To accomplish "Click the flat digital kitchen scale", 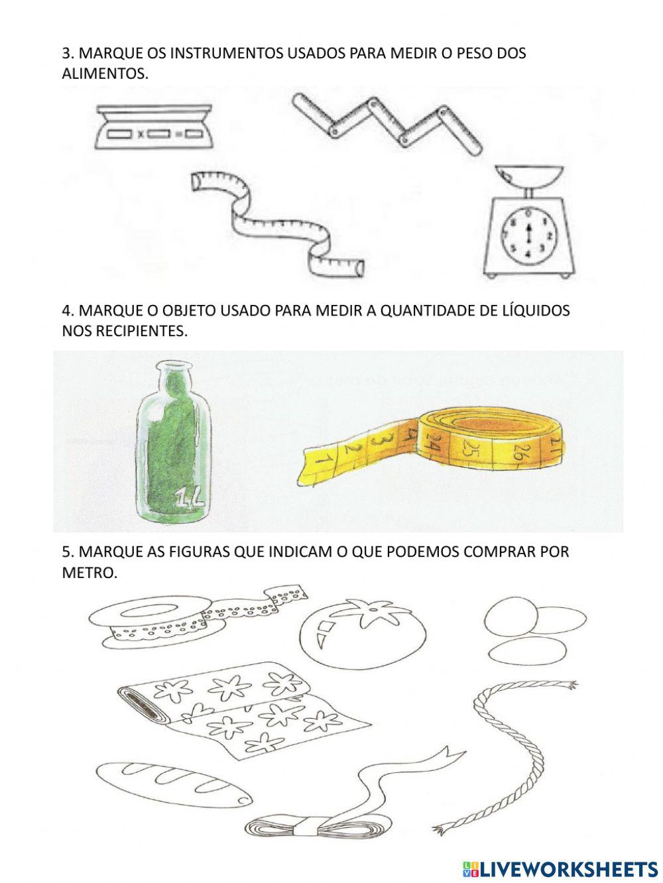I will click(x=154, y=127).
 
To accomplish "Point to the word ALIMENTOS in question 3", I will click(x=105, y=74).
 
